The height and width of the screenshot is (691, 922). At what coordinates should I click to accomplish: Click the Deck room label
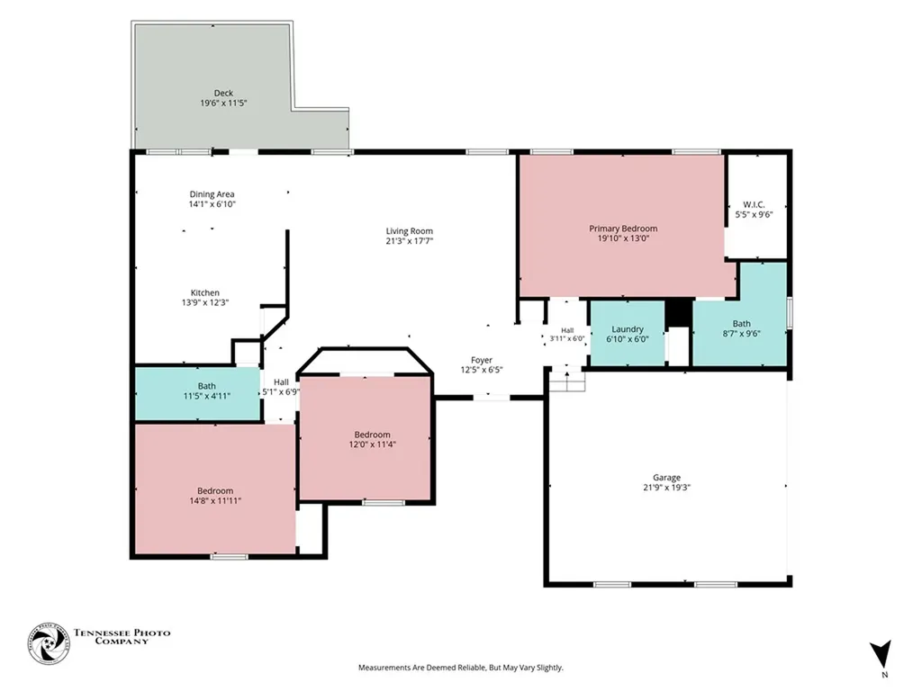pos(223,93)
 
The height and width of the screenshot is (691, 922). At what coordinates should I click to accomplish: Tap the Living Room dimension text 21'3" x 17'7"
pos(410,241)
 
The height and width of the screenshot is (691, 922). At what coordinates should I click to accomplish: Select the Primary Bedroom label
pos(623,229)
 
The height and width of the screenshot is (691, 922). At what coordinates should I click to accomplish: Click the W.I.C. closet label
pos(754,204)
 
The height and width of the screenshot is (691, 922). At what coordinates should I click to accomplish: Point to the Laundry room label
pos(628,329)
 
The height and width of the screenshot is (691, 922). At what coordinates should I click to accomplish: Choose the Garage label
pos(667,478)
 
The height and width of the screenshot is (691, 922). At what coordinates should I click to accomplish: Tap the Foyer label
pos(482,360)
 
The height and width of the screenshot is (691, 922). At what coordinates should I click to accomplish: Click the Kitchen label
pos(205,292)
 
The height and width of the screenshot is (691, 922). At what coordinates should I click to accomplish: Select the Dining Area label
pos(212,194)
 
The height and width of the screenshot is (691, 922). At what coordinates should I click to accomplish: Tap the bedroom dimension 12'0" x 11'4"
pos(372,444)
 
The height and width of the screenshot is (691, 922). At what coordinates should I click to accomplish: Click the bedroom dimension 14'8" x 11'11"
pos(215,501)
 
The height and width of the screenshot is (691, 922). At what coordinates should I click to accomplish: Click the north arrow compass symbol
pos(881,654)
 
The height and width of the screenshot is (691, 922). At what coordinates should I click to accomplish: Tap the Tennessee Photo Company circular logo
pos(49,643)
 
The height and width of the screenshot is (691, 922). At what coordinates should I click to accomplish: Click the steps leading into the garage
pos(567,381)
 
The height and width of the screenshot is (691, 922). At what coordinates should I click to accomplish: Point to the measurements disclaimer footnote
pos(461,668)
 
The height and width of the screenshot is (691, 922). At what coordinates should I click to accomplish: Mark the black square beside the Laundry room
pos(679,312)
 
